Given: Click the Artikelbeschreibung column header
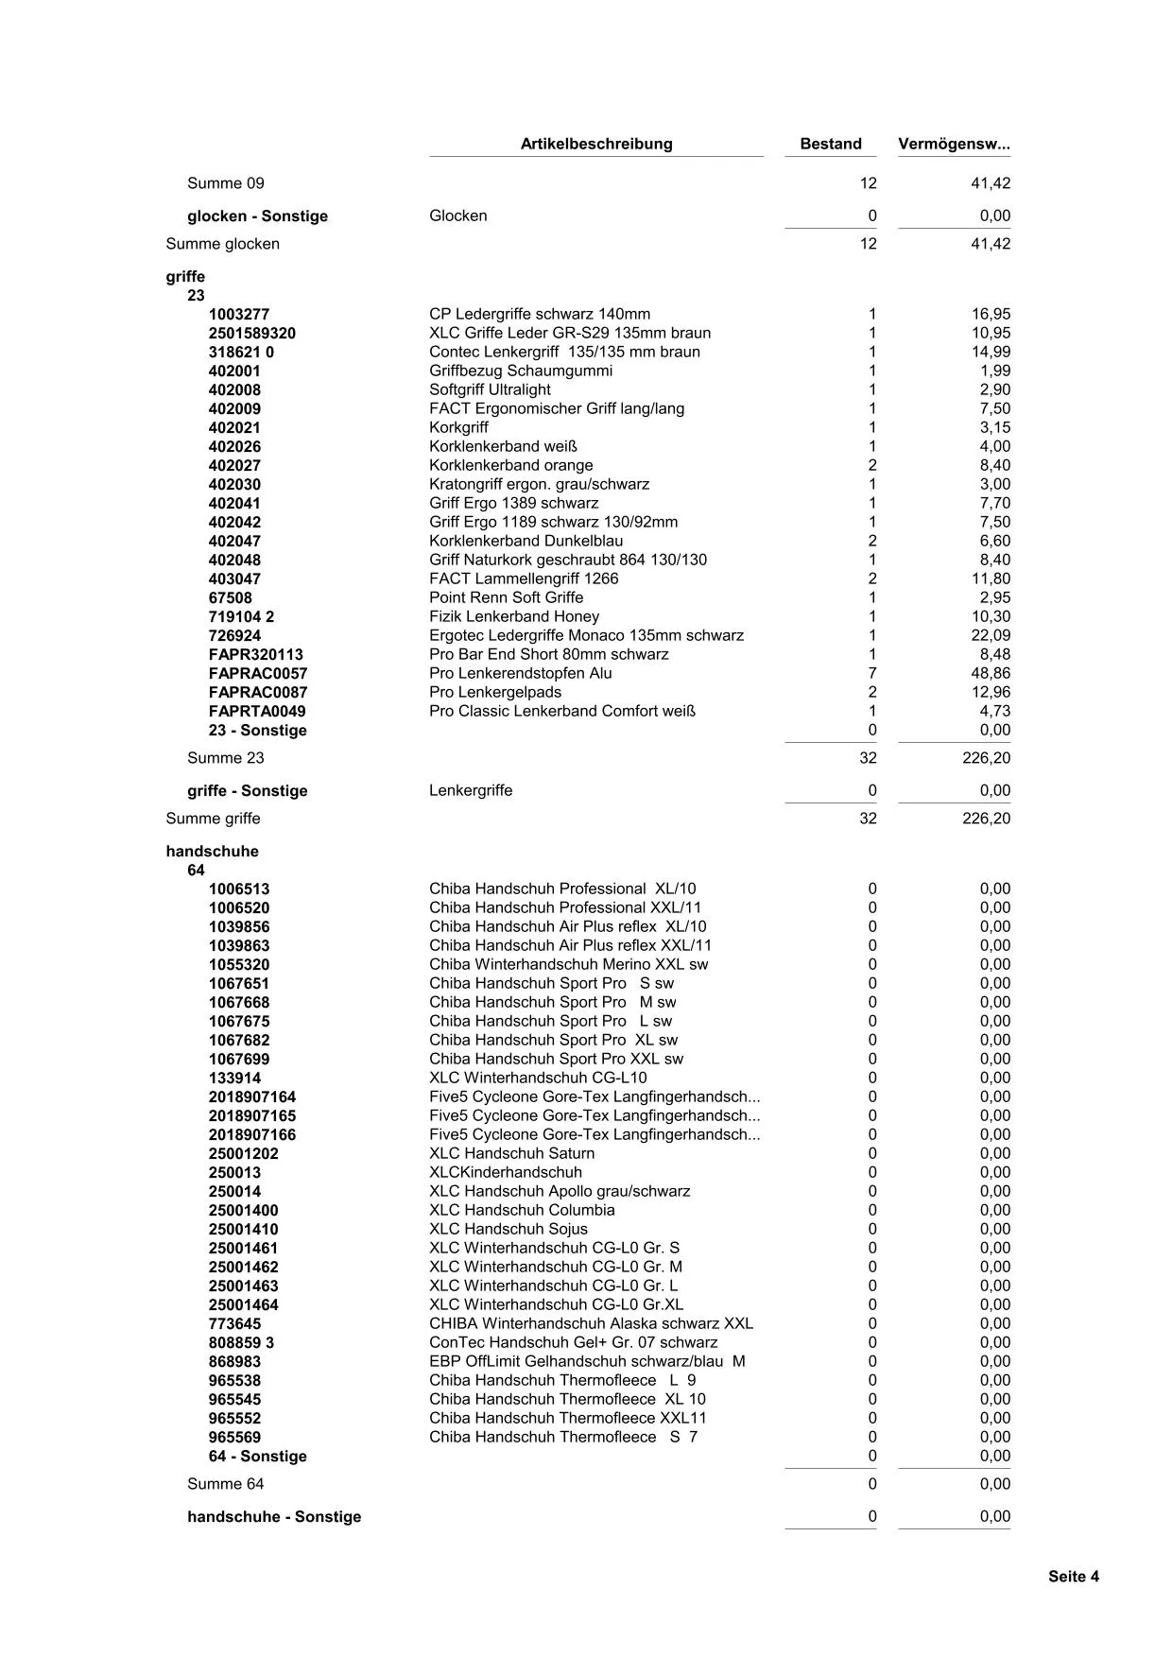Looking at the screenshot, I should (x=596, y=144).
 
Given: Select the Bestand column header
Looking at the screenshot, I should (x=831, y=144).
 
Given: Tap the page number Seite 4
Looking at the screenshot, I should (x=1073, y=1576).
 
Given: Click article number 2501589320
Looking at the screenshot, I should (x=252, y=333).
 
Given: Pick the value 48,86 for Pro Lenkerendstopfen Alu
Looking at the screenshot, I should (x=991, y=673).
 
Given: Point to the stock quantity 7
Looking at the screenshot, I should (x=871, y=673).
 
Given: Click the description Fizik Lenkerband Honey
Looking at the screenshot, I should (x=514, y=616).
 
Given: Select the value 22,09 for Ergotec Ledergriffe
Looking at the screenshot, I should (x=991, y=635).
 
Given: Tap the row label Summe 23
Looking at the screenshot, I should (x=226, y=757).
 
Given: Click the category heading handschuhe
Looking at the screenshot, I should (x=212, y=851).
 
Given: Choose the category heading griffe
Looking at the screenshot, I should (x=185, y=276).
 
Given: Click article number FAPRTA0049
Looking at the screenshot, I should (x=257, y=711).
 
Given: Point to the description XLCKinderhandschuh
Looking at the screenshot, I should (x=506, y=1172).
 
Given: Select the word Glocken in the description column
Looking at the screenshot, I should (x=458, y=216).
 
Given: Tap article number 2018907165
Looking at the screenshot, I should (x=252, y=1115).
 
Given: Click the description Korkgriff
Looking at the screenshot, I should (x=458, y=427).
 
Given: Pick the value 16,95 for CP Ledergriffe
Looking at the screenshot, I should (x=991, y=314).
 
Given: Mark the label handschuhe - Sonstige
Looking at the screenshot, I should (x=274, y=1516).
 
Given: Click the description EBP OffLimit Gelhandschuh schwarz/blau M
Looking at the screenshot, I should (x=587, y=1361).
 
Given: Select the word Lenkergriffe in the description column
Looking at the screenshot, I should (x=471, y=790).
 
